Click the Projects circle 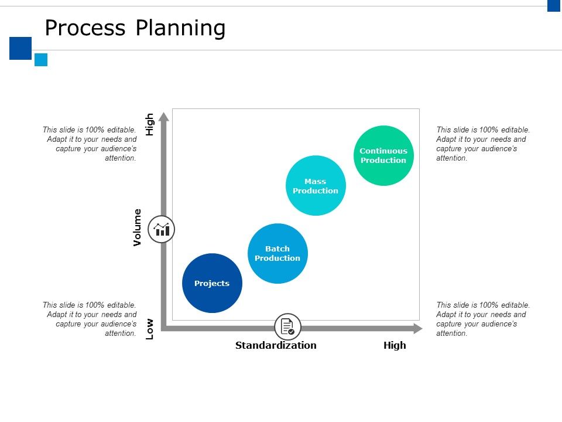click(x=212, y=283)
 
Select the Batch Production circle click(x=277, y=253)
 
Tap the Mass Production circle click(x=316, y=186)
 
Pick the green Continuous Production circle click(x=383, y=155)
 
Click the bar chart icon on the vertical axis click(x=162, y=229)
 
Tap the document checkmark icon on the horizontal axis click(x=287, y=326)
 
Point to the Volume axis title click(x=138, y=227)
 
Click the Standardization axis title click(x=276, y=345)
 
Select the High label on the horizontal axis click(x=395, y=345)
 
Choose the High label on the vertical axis click(x=150, y=124)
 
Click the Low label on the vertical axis click(x=150, y=329)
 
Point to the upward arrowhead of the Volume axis click(x=164, y=116)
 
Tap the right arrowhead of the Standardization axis click(x=417, y=328)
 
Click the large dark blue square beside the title click(x=20, y=48)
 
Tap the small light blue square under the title click(x=41, y=60)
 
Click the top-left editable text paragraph click(x=90, y=144)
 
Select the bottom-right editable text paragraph click(x=483, y=319)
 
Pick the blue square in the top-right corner click(x=554, y=5)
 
